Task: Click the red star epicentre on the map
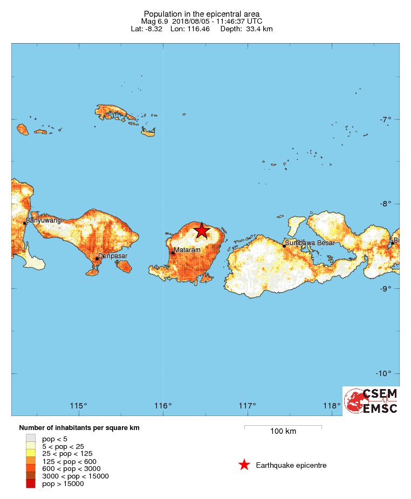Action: click(201, 231)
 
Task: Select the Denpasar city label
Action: click(113, 256)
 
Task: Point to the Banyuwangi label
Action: click(45, 220)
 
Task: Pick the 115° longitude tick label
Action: click(79, 406)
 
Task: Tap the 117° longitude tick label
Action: click(248, 406)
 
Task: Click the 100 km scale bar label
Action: click(283, 432)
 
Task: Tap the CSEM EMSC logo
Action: click(371, 401)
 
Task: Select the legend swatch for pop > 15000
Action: click(31, 484)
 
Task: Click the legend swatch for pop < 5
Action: click(31, 439)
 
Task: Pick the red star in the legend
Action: click(244, 465)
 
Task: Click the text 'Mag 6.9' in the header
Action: click(154, 21)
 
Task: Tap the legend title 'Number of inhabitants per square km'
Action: click(79, 428)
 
